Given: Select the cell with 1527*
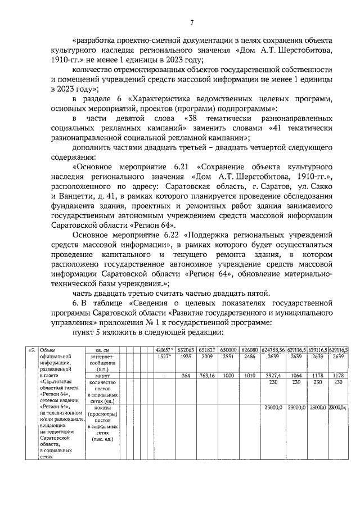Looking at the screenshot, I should coord(163,357).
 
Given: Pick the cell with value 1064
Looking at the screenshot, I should coord(296,376).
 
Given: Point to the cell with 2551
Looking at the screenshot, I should coord(228,357).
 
